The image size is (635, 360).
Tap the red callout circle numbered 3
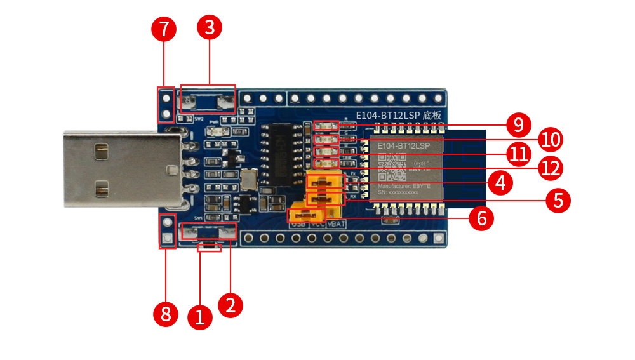click(x=210, y=27)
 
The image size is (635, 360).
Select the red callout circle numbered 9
click(x=519, y=124)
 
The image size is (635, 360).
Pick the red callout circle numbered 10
click(x=550, y=139)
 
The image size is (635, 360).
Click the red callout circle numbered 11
click(x=519, y=153)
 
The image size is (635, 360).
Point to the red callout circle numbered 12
click(x=550, y=168)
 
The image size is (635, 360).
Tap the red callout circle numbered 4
click(x=500, y=183)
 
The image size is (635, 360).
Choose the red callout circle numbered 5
click(x=558, y=201)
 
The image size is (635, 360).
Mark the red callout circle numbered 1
click(x=201, y=316)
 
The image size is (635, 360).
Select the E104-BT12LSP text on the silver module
click(x=403, y=146)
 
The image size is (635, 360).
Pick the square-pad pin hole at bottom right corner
click(x=438, y=238)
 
